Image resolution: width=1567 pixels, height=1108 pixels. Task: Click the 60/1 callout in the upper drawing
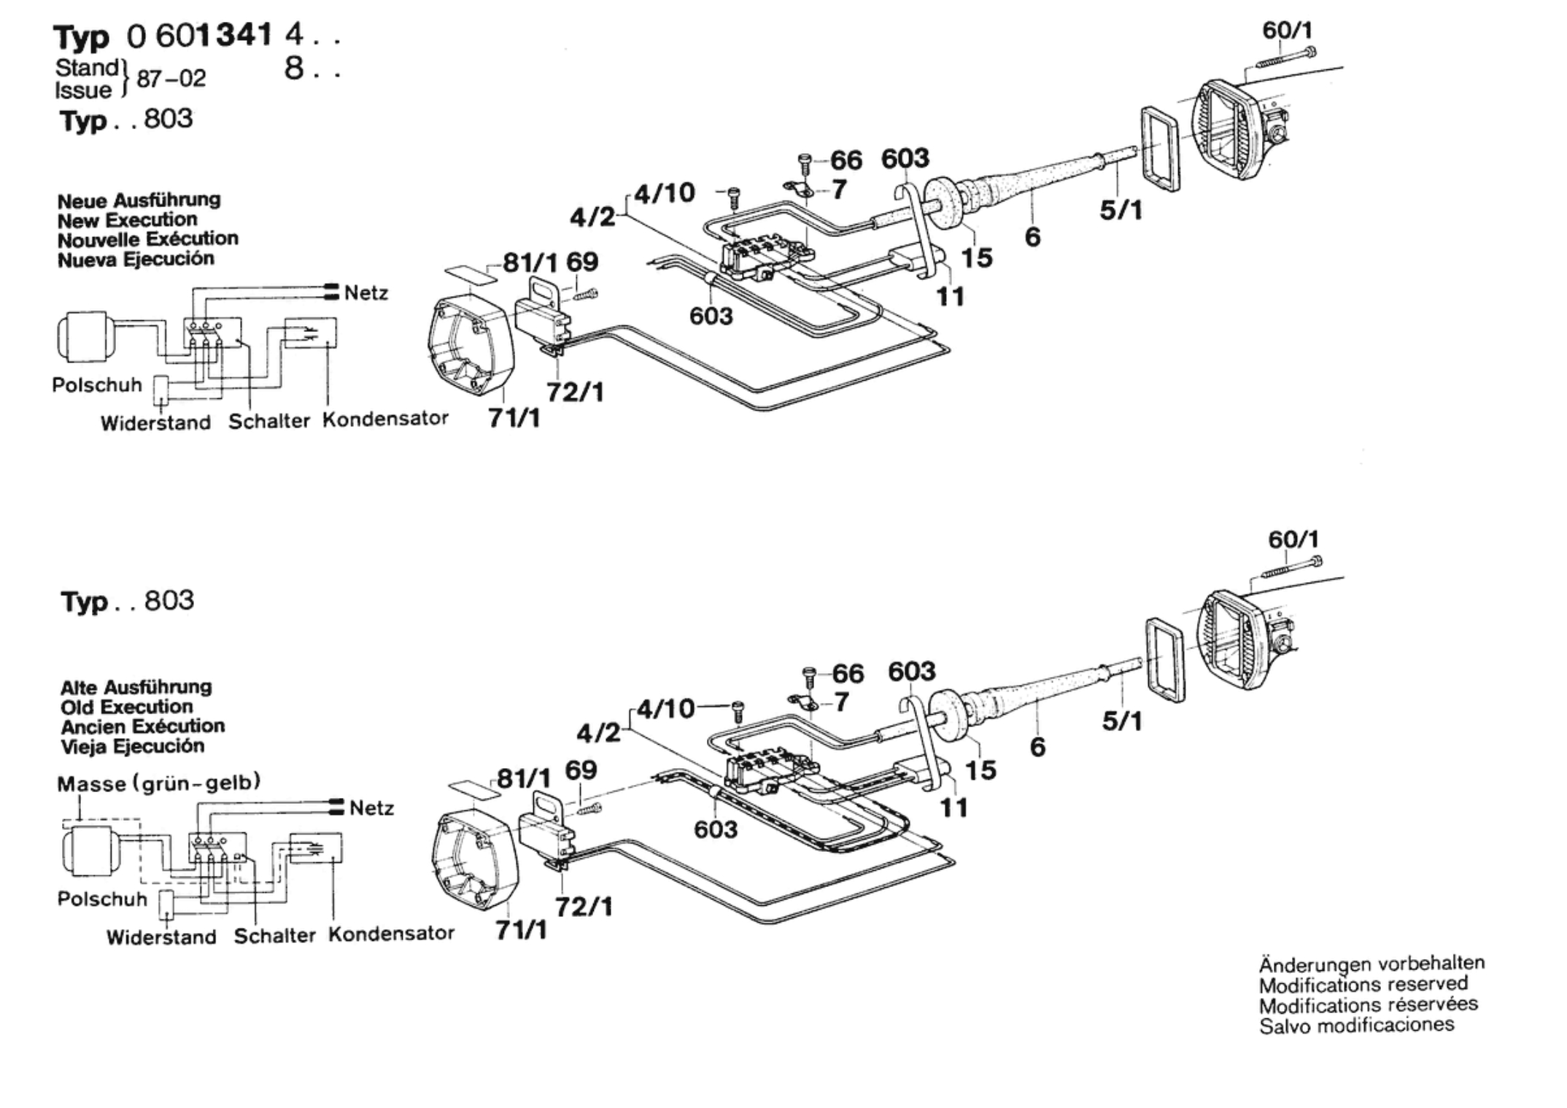(1288, 30)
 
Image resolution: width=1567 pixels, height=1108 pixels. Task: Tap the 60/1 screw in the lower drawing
(1291, 567)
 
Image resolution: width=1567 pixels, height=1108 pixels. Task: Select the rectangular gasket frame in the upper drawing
(1160, 149)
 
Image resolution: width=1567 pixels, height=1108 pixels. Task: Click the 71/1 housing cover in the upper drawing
(471, 347)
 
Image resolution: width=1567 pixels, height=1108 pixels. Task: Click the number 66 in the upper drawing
(846, 160)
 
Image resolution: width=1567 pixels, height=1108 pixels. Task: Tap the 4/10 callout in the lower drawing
(665, 708)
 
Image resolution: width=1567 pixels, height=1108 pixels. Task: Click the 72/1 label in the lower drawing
(584, 907)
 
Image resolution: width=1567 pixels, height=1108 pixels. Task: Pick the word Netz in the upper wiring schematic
(366, 293)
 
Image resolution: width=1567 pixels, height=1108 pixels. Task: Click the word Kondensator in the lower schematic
(391, 934)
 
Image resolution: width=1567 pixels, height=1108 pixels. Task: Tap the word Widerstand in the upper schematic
(155, 423)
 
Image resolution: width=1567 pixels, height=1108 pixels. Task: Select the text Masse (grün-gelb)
(159, 783)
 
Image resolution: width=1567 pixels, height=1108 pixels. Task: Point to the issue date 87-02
(171, 78)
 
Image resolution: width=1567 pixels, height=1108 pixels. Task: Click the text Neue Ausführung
(139, 201)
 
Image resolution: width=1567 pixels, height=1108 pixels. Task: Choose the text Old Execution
(127, 707)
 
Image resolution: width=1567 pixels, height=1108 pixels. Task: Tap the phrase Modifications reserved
(1363, 984)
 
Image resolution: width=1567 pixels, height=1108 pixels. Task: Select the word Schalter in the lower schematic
(274, 936)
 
